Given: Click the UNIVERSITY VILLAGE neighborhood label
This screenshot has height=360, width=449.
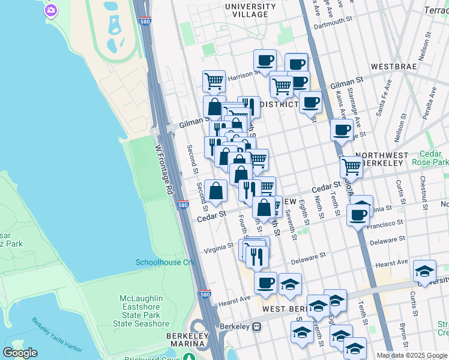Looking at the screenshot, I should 250,10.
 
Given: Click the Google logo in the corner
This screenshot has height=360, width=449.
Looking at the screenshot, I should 20,353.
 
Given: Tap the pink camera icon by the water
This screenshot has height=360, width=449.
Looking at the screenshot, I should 51,10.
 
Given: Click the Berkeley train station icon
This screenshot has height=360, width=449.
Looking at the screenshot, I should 256,326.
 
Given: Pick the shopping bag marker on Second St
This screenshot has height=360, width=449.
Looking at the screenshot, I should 215,191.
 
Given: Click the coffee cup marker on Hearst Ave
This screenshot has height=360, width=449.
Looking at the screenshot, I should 265,283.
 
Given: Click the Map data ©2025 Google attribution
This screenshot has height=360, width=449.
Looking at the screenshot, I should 411,355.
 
